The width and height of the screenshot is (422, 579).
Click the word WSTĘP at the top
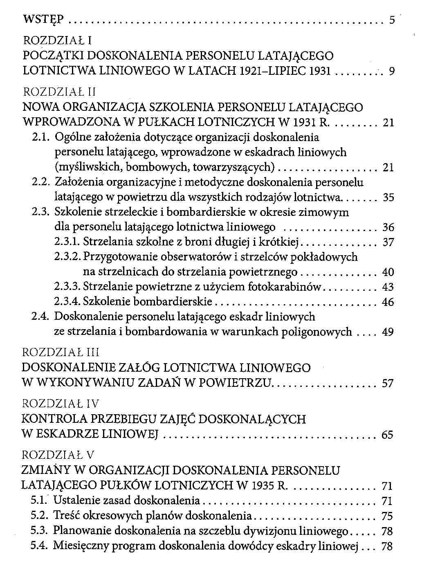click(x=44, y=20)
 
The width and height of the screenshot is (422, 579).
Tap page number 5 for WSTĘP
click(x=392, y=20)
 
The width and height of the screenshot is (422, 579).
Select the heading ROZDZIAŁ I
click(x=57, y=40)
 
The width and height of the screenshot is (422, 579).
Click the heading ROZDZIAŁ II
click(x=59, y=92)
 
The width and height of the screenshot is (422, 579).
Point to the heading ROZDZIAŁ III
click(x=60, y=352)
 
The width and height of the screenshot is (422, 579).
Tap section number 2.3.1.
click(x=67, y=242)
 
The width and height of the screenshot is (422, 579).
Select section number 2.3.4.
click(x=67, y=302)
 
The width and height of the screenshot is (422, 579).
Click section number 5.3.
click(x=40, y=531)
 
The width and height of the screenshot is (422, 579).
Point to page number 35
click(x=388, y=198)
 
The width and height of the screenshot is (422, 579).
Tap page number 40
click(x=388, y=272)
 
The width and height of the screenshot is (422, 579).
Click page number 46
click(x=388, y=302)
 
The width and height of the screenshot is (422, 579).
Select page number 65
click(x=388, y=435)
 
